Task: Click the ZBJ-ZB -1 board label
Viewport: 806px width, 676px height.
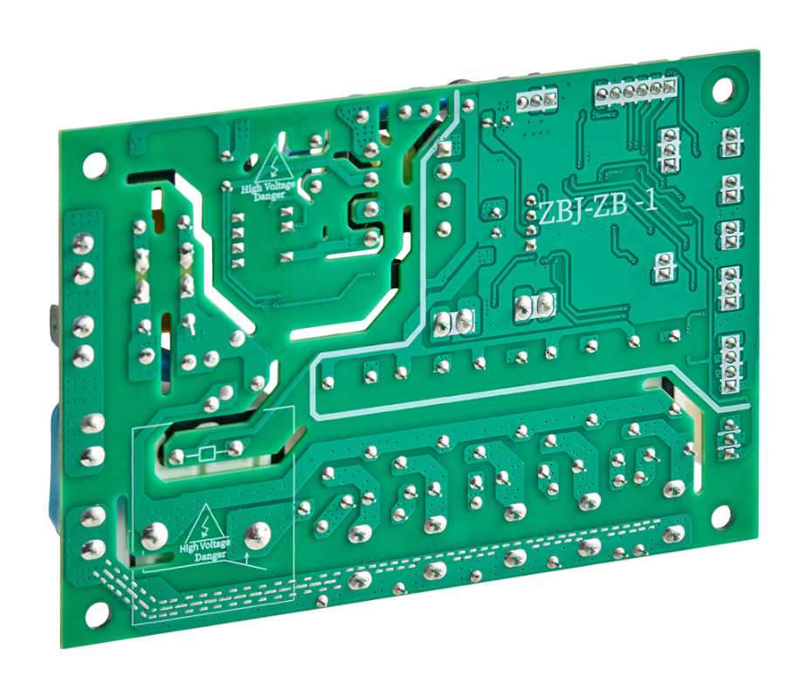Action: click(597, 209)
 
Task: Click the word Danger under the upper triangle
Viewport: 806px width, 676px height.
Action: click(269, 195)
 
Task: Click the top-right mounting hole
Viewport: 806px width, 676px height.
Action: click(721, 89)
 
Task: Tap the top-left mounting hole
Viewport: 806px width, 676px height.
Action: click(94, 165)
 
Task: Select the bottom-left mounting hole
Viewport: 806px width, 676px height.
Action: click(97, 613)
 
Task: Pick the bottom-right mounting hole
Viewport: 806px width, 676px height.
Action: click(720, 516)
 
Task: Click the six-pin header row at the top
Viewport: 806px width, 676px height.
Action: click(635, 91)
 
